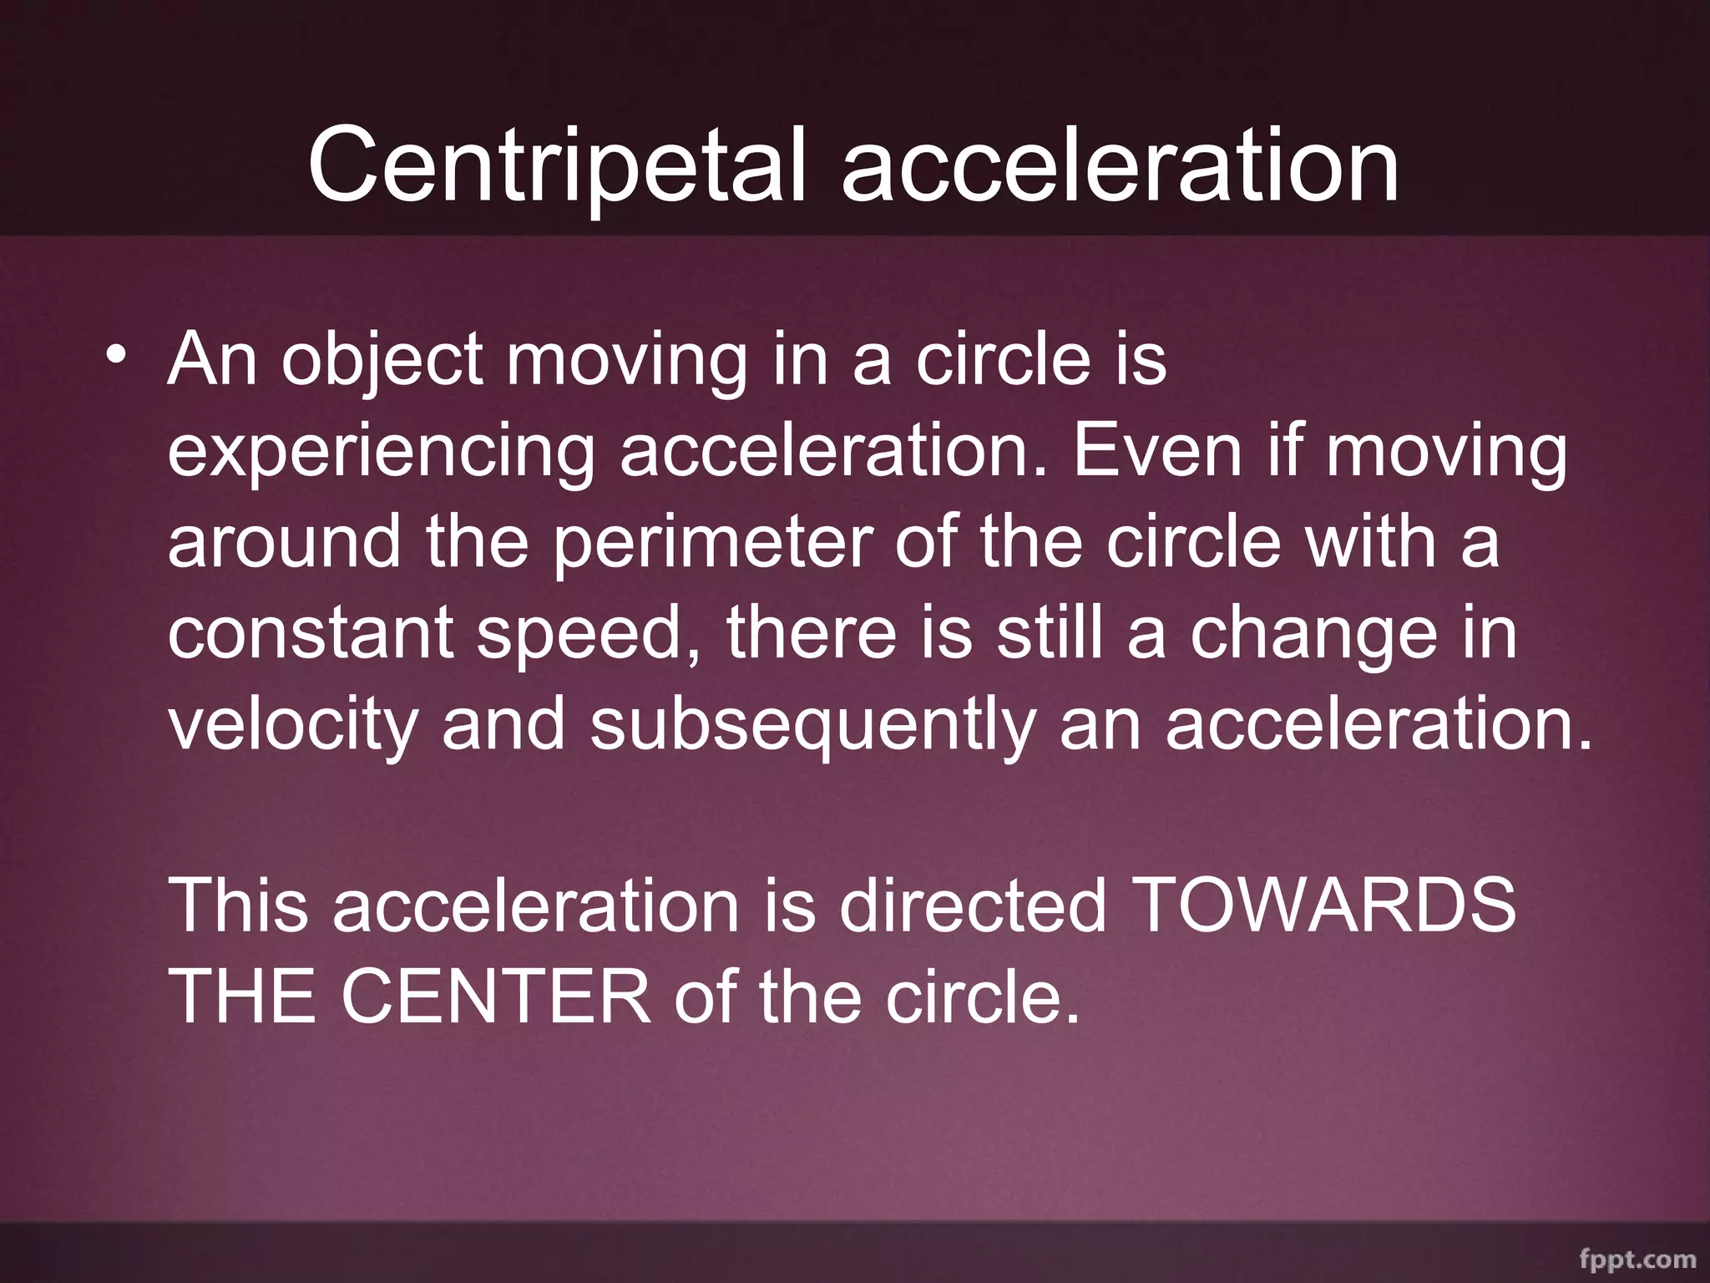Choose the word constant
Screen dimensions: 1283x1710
[311, 633]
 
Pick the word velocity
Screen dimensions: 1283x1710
[292, 725]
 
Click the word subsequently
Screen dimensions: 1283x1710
[812, 725]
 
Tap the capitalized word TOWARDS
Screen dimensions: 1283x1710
[1326, 905]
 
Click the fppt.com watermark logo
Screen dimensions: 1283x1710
[1637, 1258]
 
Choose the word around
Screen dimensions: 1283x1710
[284, 543]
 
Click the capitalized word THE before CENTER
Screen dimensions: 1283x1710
[242, 996]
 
